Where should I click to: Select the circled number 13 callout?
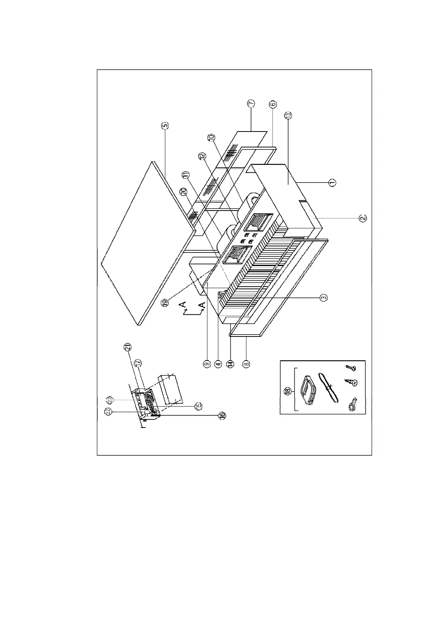click(x=289, y=115)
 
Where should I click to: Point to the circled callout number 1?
click(x=332, y=182)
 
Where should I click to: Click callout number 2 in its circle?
click(x=362, y=218)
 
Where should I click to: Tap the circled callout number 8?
click(x=246, y=363)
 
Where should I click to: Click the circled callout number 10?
click(x=211, y=138)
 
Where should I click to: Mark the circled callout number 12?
click(x=203, y=156)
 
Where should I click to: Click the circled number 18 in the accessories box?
click(x=288, y=391)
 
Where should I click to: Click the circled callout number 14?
click(x=230, y=363)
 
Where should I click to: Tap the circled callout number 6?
click(x=272, y=105)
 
